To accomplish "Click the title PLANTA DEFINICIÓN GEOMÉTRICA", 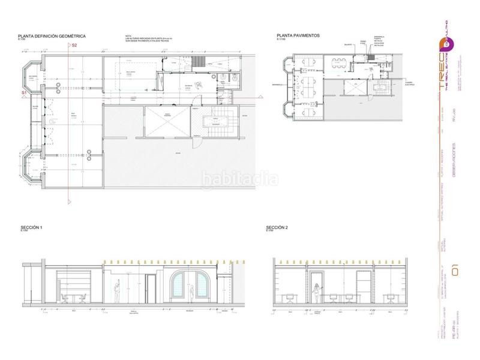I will tap(52, 37).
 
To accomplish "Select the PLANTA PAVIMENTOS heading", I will tap(298, 36).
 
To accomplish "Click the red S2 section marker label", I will tap(74, 46).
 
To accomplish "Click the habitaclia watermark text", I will tap(239, 178).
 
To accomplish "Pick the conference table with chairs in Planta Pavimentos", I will tap(341, 62).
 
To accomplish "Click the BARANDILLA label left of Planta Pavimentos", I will tap(277, 83).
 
